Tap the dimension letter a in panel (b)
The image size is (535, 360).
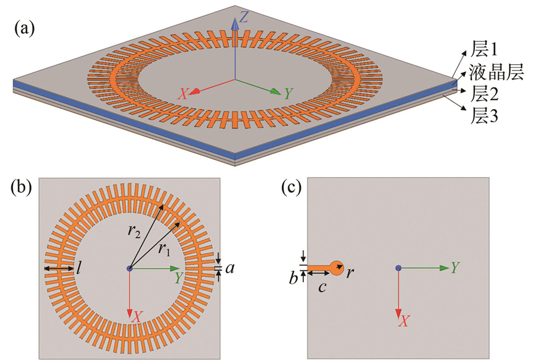(x=229, y=269)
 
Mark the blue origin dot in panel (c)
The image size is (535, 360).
(x=398, y=269)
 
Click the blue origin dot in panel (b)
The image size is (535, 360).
(x=130, y=269)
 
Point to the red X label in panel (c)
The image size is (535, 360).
(x=405, y=321)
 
